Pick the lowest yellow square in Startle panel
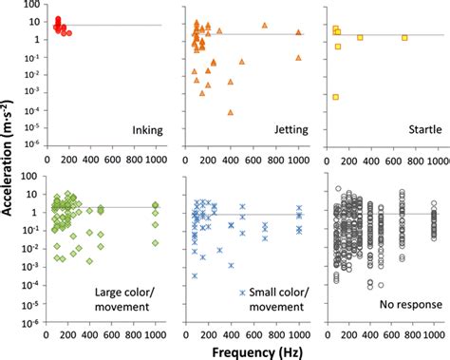coord(336,97)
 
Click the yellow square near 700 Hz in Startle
coord(404,38)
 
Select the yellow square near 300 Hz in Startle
coord(360,38)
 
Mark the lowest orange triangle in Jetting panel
coord(231,112)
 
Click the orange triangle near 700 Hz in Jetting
coord(264,25)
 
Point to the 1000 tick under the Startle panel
coord(435,159)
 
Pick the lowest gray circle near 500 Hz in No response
coord(381,284)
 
